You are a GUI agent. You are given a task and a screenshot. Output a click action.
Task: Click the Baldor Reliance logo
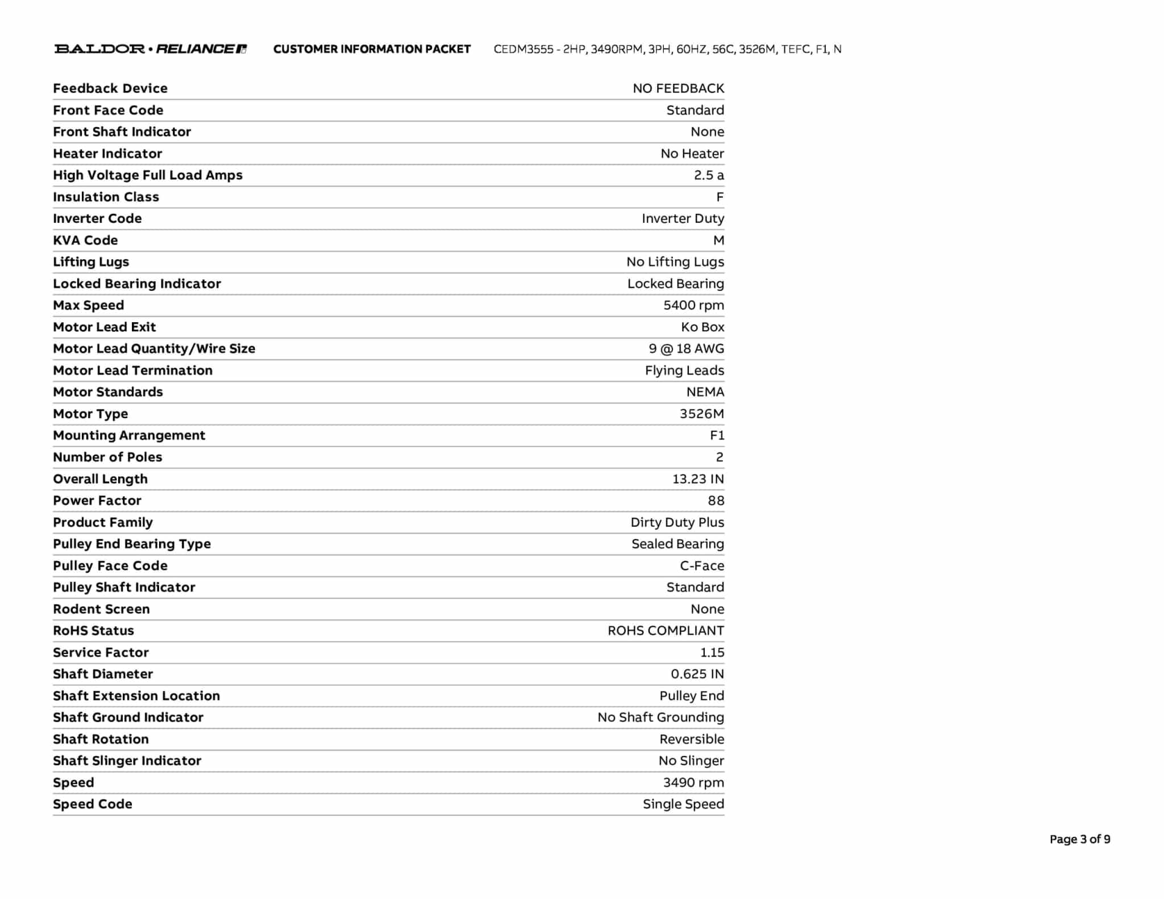(x=151, y=49)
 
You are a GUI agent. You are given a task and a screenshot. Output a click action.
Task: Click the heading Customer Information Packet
(x=372, y=49)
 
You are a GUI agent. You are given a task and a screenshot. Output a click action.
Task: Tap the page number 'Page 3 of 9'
(x=1079, y=839)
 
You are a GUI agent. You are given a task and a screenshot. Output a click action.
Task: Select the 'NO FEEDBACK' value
(x=678, y=89)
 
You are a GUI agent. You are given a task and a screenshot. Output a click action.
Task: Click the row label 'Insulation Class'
(x=106, y=197)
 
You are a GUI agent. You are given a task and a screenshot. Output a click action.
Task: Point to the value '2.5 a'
(x=709, y=176)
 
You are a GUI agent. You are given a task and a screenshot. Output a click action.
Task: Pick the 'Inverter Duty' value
(x=683, y=219)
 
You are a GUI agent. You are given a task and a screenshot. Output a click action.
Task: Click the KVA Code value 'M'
(x=718, y=240)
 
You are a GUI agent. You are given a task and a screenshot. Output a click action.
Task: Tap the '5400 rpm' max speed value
(x=693, y=306)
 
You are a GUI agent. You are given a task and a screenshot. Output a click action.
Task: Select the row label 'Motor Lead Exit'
(x=104, y=327)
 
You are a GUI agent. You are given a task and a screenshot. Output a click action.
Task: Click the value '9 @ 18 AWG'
(x=686, y=349)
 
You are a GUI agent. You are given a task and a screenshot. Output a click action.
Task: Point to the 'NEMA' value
(x=705, y=392)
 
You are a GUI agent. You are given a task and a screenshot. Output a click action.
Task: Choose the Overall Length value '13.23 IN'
(x=698, y=479)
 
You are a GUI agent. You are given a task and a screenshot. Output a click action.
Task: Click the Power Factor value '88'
(x=716, y=501)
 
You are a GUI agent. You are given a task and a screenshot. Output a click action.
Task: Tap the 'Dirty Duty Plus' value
(x=677, y=522)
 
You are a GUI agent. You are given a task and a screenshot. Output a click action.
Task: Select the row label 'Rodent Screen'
(x=101, y=609)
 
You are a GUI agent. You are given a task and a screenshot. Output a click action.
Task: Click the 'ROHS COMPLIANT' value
(x=666, y=631)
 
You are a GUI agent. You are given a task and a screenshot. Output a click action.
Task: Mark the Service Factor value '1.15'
(x=712, y=652)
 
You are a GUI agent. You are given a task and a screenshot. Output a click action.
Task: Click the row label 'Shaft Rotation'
(x=101, y=739)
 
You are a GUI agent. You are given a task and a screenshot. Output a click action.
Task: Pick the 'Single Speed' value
(x=683, y=804)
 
